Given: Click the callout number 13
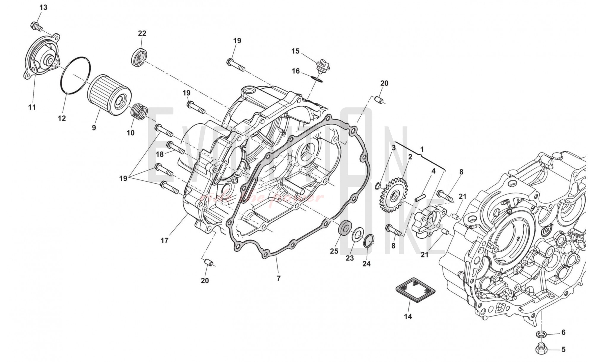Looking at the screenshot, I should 43,7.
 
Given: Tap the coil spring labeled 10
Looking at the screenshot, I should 140,111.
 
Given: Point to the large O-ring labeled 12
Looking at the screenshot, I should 75,75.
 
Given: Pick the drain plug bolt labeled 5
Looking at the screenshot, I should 541,349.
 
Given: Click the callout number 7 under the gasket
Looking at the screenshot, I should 278,278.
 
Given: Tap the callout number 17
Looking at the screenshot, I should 165,240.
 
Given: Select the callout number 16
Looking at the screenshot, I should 296,71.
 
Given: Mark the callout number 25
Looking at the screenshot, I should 334,251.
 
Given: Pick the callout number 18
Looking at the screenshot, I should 160,154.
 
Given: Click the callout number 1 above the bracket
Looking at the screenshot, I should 422,149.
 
